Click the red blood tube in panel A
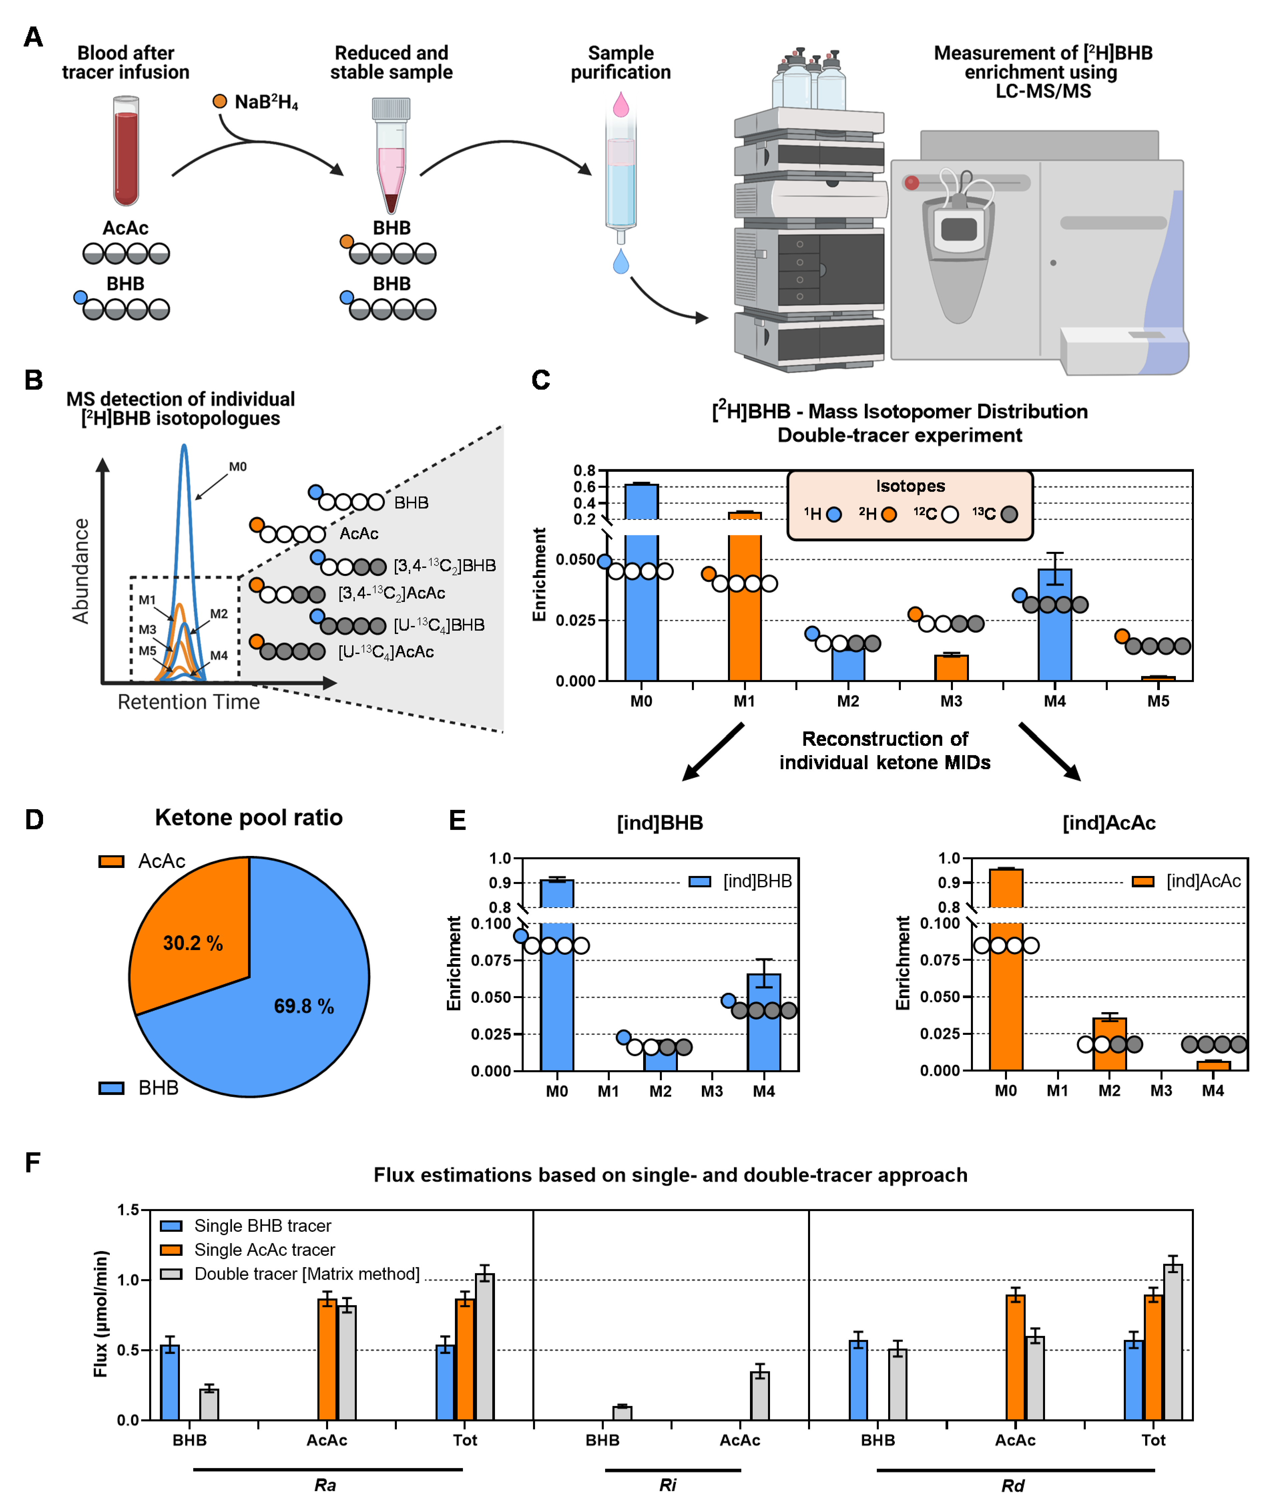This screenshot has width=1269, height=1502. coord(126,153)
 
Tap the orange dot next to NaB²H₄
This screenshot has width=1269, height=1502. coord(219,101)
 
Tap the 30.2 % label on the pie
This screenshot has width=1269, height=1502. coord(193,943)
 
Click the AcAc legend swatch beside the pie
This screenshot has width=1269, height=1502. coord(111,861)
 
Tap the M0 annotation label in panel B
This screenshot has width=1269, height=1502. coord(237,467)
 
